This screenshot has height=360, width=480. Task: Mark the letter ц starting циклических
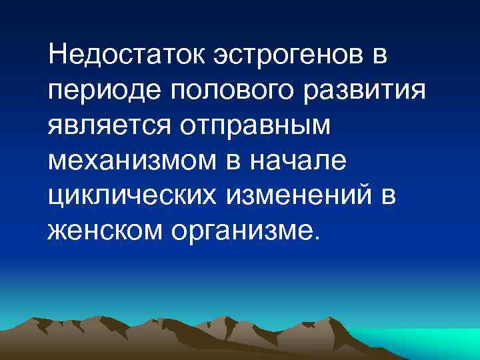click(x=55, y=198)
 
